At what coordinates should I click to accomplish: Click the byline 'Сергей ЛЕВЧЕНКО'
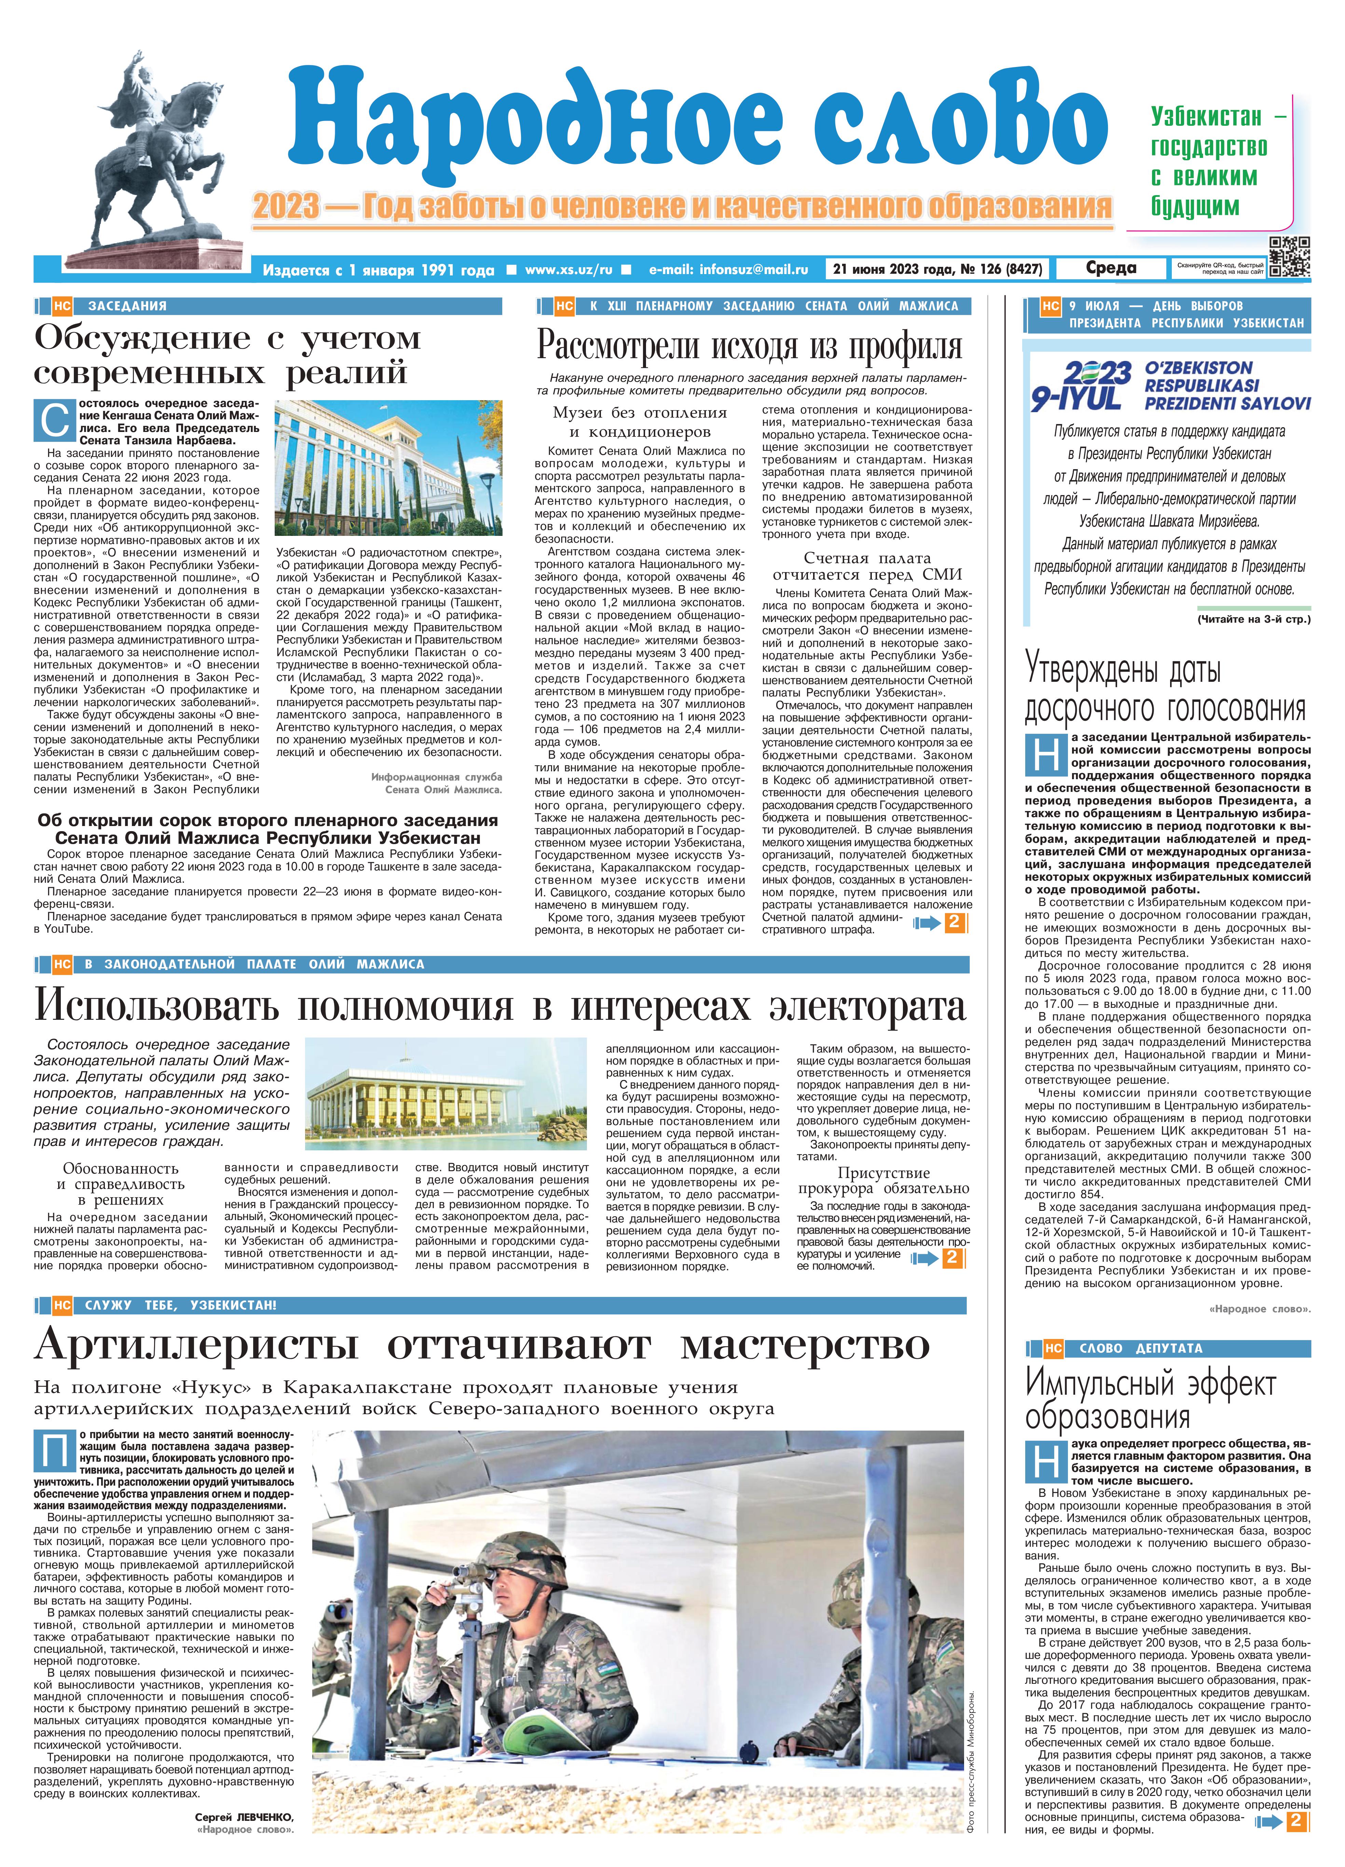click(x=245, y=1832)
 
